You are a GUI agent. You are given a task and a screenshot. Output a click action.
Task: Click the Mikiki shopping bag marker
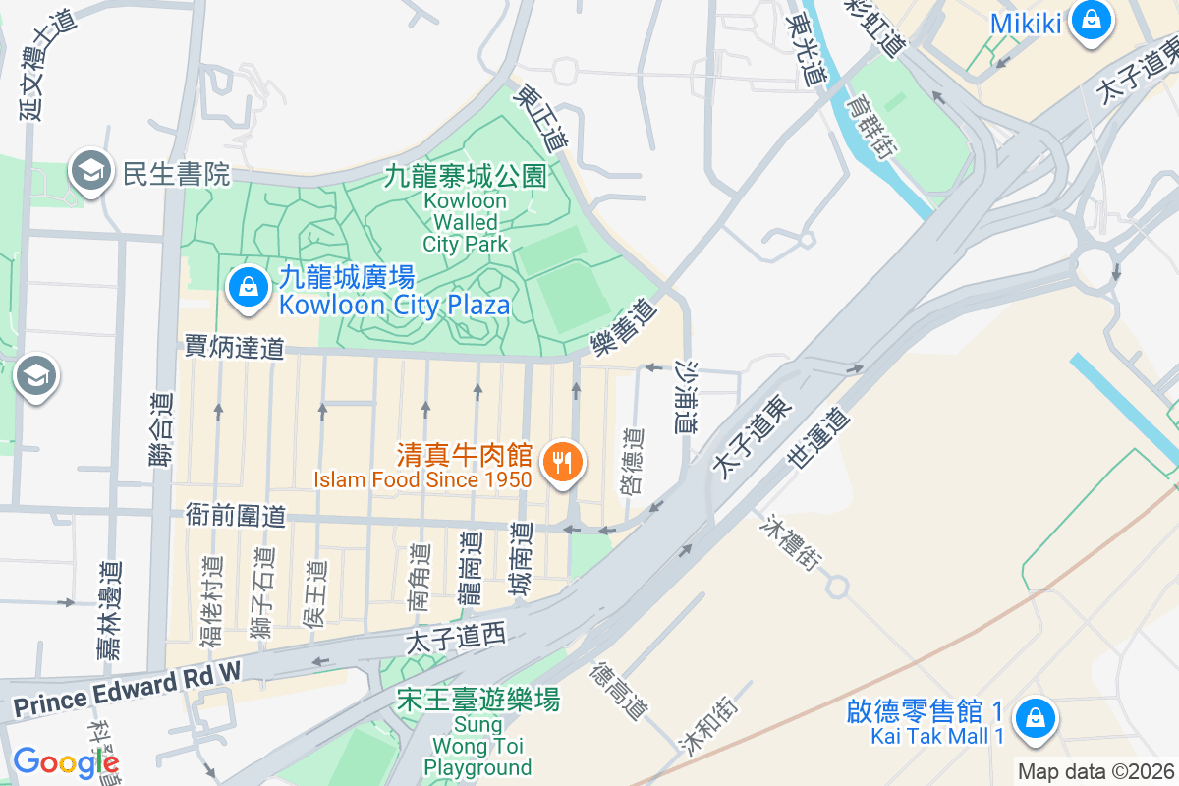[x=1090, y=19]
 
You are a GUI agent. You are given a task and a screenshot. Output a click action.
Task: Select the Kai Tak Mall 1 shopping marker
[x=1035, y=716]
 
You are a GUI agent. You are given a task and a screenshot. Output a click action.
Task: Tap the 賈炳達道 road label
[x=234, y=346]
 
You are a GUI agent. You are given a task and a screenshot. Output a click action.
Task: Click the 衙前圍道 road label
[x=235, y=515]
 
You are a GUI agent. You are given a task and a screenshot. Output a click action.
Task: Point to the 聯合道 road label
[x=162, y=427]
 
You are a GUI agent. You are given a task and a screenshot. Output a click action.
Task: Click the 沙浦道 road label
[x=686, y=396]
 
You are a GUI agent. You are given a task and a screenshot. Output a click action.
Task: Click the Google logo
[x=65, y=762]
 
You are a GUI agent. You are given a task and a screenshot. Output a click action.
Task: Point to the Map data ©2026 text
[x=1096, y=772]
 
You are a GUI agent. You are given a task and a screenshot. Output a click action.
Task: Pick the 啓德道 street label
[x=634, y=461]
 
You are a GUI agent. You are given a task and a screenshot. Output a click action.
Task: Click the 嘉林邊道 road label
[x=111, y=609]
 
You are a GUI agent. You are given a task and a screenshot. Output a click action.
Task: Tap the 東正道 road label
[x=541, y=117]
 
